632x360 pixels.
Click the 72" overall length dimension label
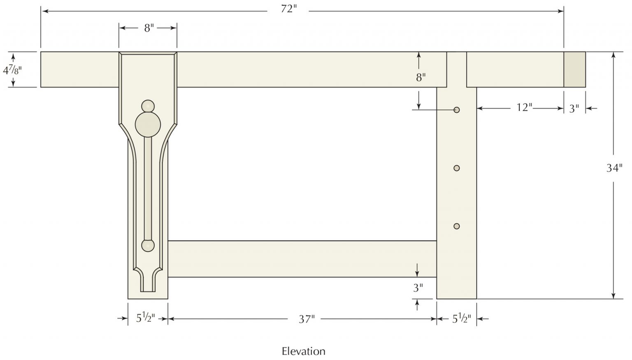289,9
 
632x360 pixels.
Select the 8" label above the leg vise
149,28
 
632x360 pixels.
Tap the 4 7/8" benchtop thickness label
12,70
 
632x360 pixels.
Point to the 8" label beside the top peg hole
421,77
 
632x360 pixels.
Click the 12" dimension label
524,108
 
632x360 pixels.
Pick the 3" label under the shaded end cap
574,109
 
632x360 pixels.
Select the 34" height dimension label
614,168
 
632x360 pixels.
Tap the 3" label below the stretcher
418,288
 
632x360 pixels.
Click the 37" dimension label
307,319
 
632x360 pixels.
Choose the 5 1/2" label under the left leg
146,318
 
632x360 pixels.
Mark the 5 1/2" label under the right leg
462,318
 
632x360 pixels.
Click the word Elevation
303,351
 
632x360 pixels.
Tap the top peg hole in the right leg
456,110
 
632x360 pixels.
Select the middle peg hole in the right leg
456,168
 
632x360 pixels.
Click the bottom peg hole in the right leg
456,226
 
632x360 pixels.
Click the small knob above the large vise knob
148,106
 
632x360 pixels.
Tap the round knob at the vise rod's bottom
148,246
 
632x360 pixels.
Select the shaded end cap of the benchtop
574,70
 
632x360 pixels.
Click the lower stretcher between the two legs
302,259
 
